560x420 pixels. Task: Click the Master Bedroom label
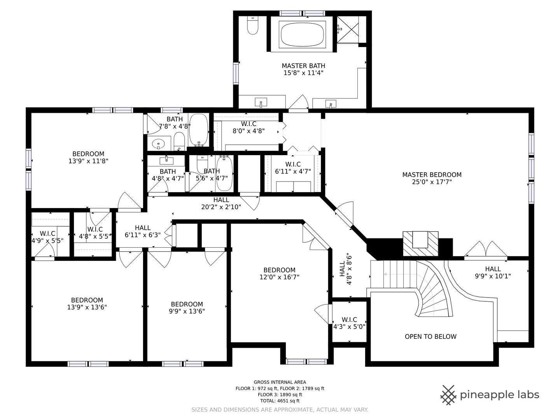(x=432, y=175)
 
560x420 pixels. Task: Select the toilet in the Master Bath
(x=252, y=25)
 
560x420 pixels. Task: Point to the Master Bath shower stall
(x=348, y=30)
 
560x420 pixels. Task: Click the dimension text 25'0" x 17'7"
(x=432, y=182)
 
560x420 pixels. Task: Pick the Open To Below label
(x=430, y=337)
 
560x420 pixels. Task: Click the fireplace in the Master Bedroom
(x=420, y=243)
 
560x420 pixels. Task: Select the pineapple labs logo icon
(x=448, y=395)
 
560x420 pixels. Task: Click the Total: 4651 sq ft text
(x=280, y=401)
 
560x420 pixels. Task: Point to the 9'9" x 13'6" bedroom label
(x=187, y=308)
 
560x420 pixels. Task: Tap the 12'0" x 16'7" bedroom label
(x=279, y=273)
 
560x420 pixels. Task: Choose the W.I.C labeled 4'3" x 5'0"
(x=349, y=323)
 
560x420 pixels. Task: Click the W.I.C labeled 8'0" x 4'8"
(x=248, y=127)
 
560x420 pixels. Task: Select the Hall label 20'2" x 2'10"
(x=221, y=203)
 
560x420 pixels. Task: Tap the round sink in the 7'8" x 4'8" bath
(x=158, y=143)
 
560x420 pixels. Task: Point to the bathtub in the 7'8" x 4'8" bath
(x=199, y=130)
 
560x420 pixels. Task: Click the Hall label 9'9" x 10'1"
(x=493, y=272)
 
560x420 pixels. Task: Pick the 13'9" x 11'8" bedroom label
(x=88, y=157)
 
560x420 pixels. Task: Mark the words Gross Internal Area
(x=280, y=382)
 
